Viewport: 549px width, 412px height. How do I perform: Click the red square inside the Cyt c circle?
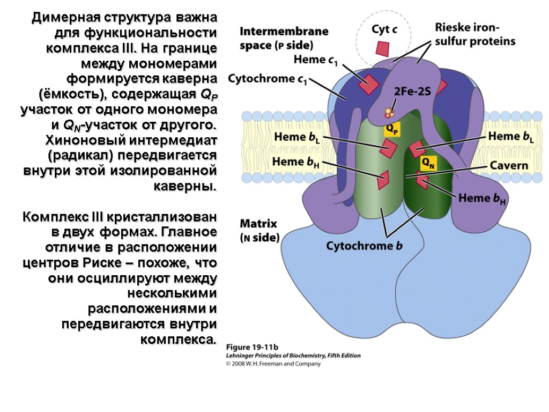pyautogui.click(x=382, y=48)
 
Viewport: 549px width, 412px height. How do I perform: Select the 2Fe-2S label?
pyautogui.click(x=412, y=91)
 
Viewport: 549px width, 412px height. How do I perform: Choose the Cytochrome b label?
pyautogui.click(x=364, y=246)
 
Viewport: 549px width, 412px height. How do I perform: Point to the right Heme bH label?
pyautogui.click(x=482, y=198)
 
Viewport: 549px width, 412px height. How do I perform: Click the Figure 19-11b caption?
pyautogui.click(x=249, y=346)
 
